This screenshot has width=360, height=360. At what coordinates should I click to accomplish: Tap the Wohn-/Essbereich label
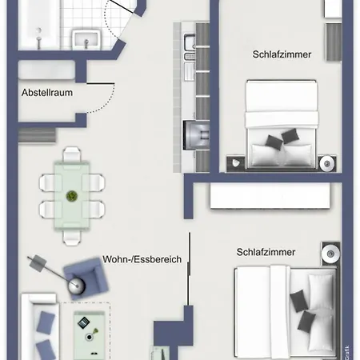(x=142, y=259)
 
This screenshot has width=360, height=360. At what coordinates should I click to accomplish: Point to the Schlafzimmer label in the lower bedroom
(x=266, y=252)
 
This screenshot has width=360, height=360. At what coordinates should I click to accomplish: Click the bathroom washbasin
(x=86, y=39)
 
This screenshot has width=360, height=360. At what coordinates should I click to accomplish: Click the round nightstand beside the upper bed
(x=326, y=164)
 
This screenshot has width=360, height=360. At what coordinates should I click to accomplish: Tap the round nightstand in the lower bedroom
(x=330, y=255)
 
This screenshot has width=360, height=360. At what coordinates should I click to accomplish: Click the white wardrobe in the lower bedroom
(x=270, y=196)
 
